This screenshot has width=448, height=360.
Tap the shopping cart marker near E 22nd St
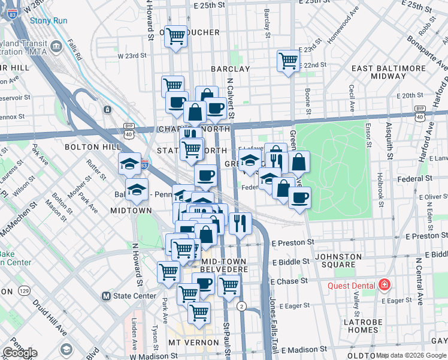click(288, 61)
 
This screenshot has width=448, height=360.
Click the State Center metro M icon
click(106, 296)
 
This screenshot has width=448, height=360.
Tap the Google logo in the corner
click(20, 353)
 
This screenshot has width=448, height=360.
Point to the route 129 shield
click(25, 290)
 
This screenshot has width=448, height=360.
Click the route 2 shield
click(241, 306)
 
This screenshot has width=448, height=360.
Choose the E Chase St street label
click(290, 281)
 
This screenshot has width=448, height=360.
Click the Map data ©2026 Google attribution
click(411, 355)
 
